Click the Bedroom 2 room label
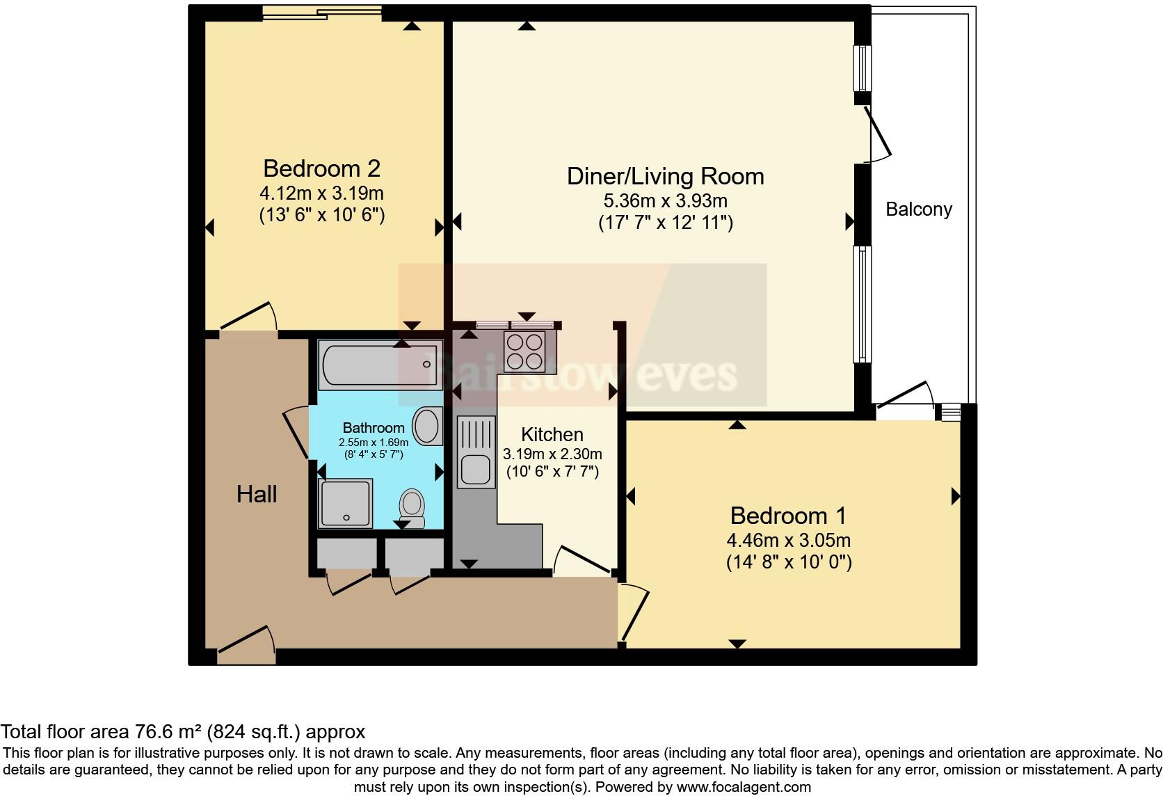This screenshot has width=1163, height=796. point(322,169)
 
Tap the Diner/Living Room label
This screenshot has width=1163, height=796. point(665,177)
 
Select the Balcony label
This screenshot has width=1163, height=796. point(919,209)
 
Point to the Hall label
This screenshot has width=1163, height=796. point(257,494)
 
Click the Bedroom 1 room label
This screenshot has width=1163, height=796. point(788,516)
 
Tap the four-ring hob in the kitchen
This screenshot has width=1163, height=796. point(524,351)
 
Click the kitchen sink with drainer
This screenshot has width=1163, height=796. point(476,453)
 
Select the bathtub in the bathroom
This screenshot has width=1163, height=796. point(380,365)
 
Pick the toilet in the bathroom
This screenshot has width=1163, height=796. point(412,508)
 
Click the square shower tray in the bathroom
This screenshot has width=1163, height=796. point(345,503)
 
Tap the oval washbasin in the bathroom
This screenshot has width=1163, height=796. point(428,426)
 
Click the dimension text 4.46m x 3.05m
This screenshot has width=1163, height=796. point(788,541)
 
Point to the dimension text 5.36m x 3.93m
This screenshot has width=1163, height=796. point(665,200)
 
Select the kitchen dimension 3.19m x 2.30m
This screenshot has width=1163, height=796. point(552,454)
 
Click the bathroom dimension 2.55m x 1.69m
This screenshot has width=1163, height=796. point(374,443)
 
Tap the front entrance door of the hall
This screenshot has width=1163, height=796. point(247,646)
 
